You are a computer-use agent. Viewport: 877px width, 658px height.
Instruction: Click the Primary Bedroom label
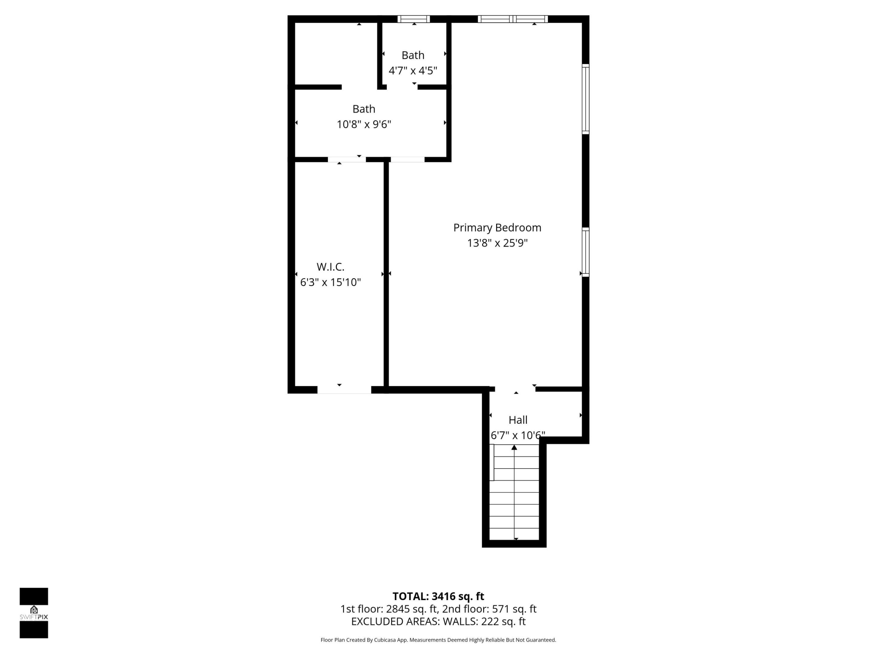[497, 228]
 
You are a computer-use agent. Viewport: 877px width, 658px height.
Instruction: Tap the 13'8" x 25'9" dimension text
[497, 243]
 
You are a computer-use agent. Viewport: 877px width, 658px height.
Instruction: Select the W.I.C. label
[330, 267]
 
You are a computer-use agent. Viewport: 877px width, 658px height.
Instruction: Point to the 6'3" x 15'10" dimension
[330, 282]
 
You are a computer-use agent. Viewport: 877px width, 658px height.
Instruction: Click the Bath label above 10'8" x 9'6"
[364, 109]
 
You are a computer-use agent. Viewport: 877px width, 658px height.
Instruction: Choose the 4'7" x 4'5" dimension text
[413, 71]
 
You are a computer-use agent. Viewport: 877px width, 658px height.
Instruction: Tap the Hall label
[518, 420]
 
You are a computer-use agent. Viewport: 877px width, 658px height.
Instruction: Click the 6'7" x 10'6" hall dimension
[518, 436]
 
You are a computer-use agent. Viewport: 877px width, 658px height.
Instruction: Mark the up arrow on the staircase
[514, 448]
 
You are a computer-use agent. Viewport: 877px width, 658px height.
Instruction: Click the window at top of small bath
[414, 19]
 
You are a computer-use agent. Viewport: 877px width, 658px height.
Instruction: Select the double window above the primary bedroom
[512, 19]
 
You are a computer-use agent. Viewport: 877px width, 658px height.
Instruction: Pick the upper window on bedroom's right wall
[585, 99]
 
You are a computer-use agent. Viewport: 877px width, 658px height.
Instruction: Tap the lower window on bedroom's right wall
[585, 252]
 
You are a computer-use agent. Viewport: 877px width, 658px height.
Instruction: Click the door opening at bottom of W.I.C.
[344, 390]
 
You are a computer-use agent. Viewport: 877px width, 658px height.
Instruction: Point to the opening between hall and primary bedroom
[515, 389]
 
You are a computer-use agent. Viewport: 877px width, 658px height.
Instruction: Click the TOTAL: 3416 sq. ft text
[438, 596]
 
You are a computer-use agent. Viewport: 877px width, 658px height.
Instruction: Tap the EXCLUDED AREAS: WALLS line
[438, 621]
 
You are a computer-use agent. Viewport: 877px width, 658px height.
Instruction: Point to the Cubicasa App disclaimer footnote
[438, 640]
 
